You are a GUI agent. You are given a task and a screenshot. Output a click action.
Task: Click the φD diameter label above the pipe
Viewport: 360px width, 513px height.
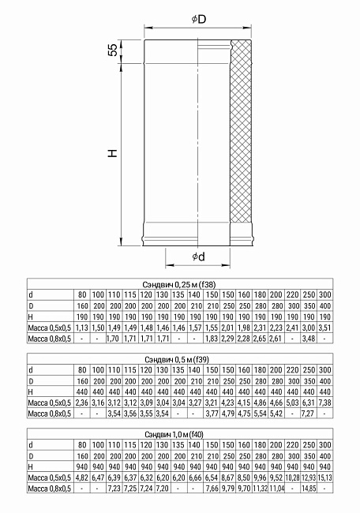198,18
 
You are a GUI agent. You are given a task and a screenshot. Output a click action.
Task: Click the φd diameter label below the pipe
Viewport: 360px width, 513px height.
198,257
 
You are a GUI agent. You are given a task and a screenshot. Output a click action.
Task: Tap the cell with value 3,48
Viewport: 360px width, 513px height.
309,338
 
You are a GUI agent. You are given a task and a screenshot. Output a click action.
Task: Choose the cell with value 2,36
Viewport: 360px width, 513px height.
81,402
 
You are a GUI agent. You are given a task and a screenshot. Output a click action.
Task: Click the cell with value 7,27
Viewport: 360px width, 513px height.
309,413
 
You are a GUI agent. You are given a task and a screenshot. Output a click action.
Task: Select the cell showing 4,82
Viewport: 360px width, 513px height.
81,477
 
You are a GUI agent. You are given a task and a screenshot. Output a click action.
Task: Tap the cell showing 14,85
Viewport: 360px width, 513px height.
309,489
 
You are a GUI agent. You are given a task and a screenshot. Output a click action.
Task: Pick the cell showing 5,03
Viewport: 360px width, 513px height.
293,402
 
